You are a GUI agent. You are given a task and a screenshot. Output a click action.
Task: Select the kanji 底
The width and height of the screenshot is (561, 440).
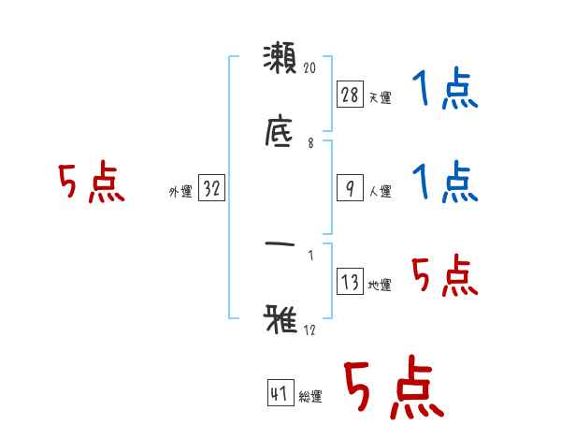click(x=280, y=130)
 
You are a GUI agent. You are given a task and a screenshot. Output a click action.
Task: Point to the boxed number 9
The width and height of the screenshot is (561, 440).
click(x=349, y=187)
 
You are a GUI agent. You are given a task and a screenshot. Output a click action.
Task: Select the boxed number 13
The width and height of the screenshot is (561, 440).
click(x=349, y=281)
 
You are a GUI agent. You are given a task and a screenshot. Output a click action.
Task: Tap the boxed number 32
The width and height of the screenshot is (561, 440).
click(x=211, y=188)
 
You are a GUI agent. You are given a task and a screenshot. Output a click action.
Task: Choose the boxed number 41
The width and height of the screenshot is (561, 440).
click(x=279, y=393)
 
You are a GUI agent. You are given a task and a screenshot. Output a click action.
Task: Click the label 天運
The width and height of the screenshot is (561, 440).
click(x=380, y=97)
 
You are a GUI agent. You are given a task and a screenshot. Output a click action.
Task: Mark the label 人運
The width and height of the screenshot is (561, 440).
click(x=380, y=191)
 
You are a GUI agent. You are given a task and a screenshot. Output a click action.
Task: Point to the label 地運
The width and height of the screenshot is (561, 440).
click(x=380, y=285)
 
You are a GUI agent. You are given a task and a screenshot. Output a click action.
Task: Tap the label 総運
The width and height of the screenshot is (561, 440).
click(x=309, y=397)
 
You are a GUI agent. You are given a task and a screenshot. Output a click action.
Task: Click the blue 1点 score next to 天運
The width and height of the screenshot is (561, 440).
click(x=445, y=91)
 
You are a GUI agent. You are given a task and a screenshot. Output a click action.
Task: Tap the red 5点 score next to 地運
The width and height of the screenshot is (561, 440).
click(x=445, y=276)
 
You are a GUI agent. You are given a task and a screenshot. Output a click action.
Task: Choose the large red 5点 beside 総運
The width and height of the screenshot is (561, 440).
click(x=394, y=388)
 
